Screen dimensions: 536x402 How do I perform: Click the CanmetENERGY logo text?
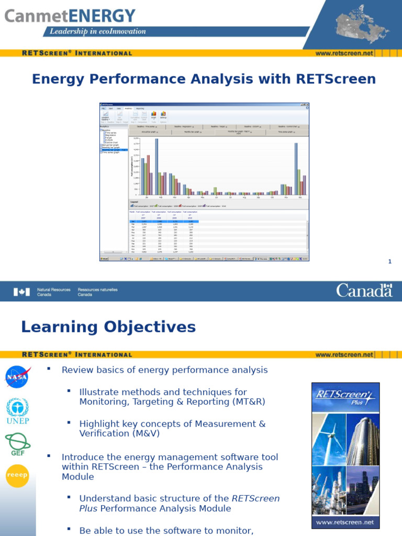[70, 16]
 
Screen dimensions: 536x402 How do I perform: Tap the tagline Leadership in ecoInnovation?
[98, 31]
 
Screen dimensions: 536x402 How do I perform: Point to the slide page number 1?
[389, 262]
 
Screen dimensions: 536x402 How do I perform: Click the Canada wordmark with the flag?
[364, 290]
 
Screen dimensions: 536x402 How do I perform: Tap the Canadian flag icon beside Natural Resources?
[21, 292]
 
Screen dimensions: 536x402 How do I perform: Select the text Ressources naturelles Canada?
[97, 292]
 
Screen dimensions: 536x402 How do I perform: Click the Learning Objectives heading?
[108, 327]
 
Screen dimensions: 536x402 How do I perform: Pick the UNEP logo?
[18, 410]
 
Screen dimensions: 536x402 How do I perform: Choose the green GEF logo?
[18, 444]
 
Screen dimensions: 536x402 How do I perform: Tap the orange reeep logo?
[18, 476]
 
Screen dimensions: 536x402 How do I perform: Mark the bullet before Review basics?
[49, 369]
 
